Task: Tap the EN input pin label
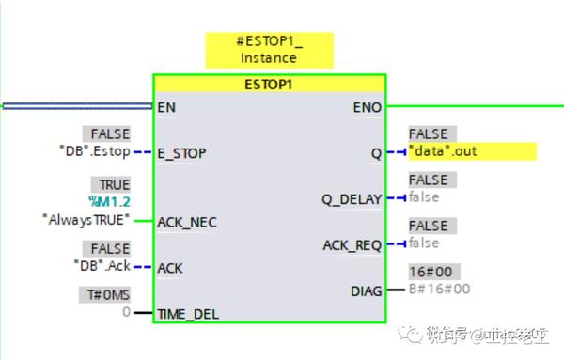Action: tap(167, 106)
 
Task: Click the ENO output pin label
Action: tap(366, 107)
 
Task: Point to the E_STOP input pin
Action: tap(182, 152)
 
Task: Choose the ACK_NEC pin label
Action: tap(187, 222)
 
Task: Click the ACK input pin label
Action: tap(171, 268)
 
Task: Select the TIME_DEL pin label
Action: tap(189, 314)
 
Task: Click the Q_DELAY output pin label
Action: tap(352, 198)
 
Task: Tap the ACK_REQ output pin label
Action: tap(352, 244)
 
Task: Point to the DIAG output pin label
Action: tap(365, 290)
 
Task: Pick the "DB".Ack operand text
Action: tap(102, 266)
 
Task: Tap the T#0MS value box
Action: tap(105, 294)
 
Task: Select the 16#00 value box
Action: tap(429, 272)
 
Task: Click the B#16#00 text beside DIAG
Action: tap(439, 290)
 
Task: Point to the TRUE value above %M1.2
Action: tap(110, 184)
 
